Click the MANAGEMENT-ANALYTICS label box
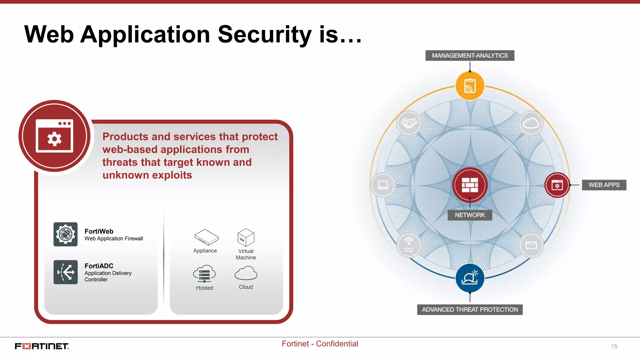(470, 56)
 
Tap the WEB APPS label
(604, 185)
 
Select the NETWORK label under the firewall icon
(470, 215)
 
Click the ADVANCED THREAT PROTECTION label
(470, 310)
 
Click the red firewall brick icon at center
(470, 185)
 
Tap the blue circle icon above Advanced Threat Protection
(470, 278)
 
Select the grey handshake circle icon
(409, 123)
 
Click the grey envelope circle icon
(531, 245)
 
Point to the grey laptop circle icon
(383, 185)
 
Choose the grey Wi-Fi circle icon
(409, 245)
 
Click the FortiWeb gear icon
(66, 234)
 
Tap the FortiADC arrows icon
(66, 272)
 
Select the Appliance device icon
(206, 237)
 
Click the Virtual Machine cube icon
(246, 238)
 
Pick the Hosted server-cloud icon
(204, 274)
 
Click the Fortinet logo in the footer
(42, 346)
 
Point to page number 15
(614, 346)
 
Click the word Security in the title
(264, 34)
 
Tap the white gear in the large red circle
(54, 139)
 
